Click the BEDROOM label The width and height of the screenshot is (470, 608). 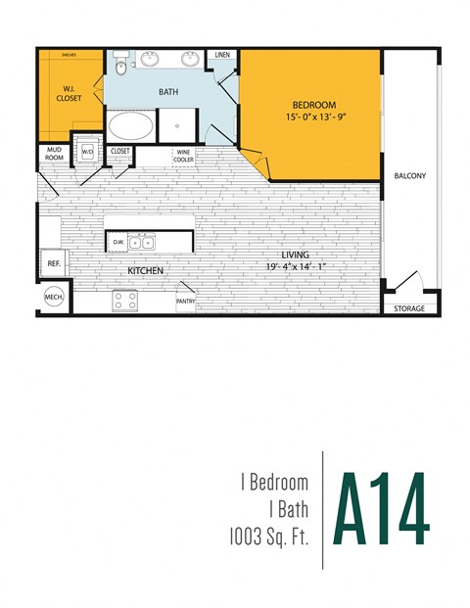tap(313, 105)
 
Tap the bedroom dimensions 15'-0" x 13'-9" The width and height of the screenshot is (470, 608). tap(313, 117)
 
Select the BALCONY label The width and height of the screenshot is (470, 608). tap(409, 176)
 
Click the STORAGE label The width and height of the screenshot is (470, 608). tap(409, 308)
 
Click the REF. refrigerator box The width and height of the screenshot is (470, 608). tap(52, 261)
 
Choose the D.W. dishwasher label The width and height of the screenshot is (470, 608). tap(118, 242)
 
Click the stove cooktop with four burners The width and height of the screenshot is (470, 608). tap(125, 301)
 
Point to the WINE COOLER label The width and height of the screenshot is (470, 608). tap(183, 156)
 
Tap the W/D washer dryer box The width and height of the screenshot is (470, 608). tap(86, 151)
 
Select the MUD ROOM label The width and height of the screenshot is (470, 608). tap(53, 154)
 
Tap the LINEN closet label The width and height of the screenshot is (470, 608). tap(222, 56)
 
